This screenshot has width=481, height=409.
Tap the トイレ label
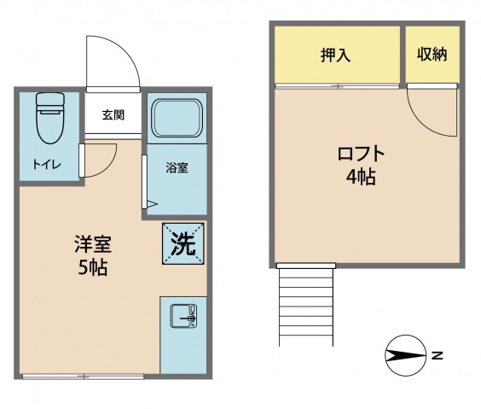coord(46,165)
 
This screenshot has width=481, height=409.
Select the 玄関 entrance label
coord(113,115)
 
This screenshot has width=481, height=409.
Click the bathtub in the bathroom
coord(177,118)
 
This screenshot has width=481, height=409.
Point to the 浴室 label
coord(177,167)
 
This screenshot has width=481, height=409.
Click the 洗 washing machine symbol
coord(183,244)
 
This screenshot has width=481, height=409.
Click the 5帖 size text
coord(91,266)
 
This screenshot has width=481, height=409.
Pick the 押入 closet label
coord(336,56)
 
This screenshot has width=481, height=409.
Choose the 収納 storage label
coord(432,55)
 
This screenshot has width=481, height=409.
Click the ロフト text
coord(362,155)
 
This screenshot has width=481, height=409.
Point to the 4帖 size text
coord(362,178)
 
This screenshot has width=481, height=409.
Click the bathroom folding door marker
coord(151,203)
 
